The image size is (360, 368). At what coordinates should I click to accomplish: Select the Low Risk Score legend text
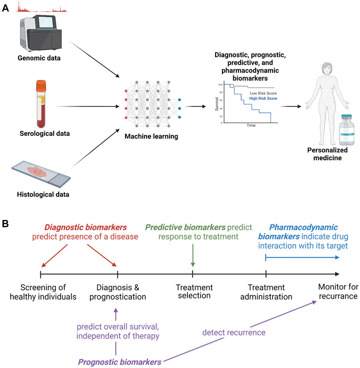point(263,92)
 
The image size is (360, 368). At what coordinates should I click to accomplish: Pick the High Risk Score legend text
point(263,98)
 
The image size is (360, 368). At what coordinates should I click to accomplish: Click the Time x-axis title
point(251,125)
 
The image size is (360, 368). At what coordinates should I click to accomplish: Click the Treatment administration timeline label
point(266,292)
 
